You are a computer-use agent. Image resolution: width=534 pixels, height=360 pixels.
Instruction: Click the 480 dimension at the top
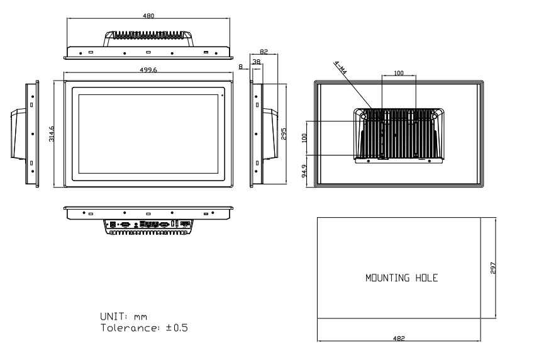click(x=148, y=16)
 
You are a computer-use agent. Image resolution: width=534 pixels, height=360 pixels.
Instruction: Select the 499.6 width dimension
click(x=148, y=70)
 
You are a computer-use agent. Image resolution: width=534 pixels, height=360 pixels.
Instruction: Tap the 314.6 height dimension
click(x=52, y=133)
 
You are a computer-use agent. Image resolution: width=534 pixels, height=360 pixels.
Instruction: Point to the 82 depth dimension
click(x=264, y=52)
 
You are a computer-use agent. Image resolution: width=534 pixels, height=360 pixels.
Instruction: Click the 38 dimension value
click(x=257, y=62)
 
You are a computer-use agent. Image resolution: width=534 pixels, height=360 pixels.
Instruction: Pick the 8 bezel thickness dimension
click(x=241, y=67)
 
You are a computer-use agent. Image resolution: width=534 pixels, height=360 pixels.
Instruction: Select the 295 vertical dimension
click(x=284, y=133)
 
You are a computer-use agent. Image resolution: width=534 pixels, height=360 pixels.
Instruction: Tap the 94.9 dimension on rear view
click(x=304, y=171)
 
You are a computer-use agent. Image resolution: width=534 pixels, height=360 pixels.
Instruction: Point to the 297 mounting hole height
click(x=493, y=268)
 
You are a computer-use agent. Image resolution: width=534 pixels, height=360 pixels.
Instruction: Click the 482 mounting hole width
click(x=399, y=338)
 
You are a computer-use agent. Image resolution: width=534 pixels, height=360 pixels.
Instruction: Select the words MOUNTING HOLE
click(x=401, y=278)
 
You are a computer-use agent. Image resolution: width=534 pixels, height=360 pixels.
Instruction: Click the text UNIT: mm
click(x=124, y=317)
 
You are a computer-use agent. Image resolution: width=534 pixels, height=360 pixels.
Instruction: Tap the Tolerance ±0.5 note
click(x=144, y=328)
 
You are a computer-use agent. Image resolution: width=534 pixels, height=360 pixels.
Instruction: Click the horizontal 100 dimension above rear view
click(x=399, y=73)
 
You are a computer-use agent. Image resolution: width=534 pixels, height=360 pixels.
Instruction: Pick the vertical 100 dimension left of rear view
click(x=304, y=138)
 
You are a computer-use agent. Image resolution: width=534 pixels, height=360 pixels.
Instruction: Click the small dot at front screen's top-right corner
click(x=223, y=95)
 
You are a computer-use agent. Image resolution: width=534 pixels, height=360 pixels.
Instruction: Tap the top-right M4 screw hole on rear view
click(x=434, y=116)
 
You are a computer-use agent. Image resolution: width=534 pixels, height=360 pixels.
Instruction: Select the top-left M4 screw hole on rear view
click(x=363, y=116)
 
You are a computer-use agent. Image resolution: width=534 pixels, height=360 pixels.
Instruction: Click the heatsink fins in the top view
click(x=148, y=35)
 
